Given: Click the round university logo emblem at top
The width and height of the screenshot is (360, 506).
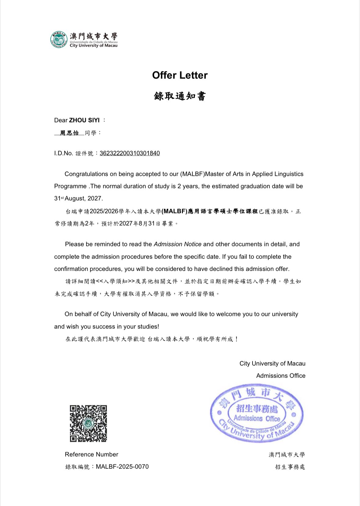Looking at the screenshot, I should point(59,39).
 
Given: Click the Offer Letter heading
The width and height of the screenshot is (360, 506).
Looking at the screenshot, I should point(180,75).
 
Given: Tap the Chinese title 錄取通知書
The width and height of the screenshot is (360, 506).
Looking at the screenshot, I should point(180,96).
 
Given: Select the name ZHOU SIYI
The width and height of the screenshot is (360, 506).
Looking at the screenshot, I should point(84,120).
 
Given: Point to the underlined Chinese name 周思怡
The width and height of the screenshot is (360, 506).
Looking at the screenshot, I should point(69,133).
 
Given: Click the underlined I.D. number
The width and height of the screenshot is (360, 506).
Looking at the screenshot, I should point(129,153).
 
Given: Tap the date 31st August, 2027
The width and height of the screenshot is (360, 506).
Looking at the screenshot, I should point(78,198).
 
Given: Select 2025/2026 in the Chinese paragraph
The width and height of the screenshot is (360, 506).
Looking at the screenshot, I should point(104,211).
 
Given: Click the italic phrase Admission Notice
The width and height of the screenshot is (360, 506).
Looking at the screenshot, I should point(177,244).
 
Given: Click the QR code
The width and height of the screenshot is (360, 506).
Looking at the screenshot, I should point(88,424).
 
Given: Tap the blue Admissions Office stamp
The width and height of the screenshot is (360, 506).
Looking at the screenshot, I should point(257,414).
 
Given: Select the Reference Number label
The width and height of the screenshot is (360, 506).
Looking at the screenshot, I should point(91,454).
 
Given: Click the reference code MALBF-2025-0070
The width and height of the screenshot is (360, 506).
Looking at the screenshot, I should point(122,467).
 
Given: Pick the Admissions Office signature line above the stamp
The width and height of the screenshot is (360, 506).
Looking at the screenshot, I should point(281,376).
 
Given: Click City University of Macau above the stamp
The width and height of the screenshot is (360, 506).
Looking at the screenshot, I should point(272,363).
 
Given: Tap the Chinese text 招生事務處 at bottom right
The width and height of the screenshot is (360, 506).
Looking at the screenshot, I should point(290,467).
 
